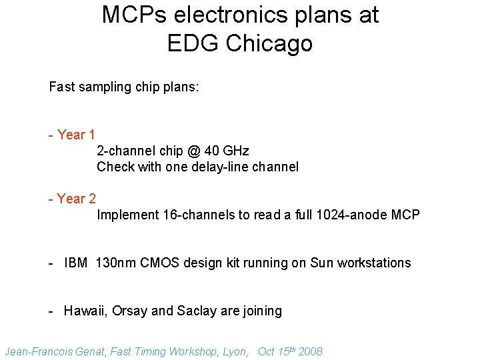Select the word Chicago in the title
[x=269, y=43]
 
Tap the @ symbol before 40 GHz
[x=194, y=151]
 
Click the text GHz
[x=235, y=151]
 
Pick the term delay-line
[x=222, y=167]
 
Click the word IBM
[x=76, y=263]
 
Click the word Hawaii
[x=85, y=311]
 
